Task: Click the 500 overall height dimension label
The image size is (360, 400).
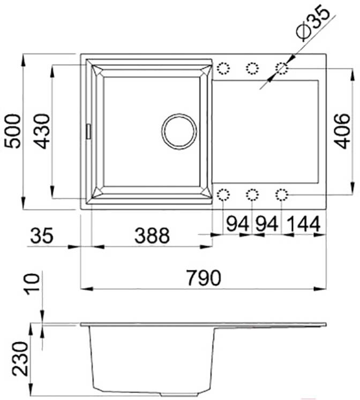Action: (13, 131)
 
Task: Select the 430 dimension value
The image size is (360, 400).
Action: (42, 131)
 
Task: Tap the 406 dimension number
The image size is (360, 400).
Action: (342, 131)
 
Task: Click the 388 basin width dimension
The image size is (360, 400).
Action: (152, 235)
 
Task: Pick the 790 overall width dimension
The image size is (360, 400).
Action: (204, 277)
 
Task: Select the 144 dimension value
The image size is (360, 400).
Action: (304, 224)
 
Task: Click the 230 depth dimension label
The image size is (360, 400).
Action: (20, 359)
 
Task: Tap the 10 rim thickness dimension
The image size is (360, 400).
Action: (32, 284)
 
